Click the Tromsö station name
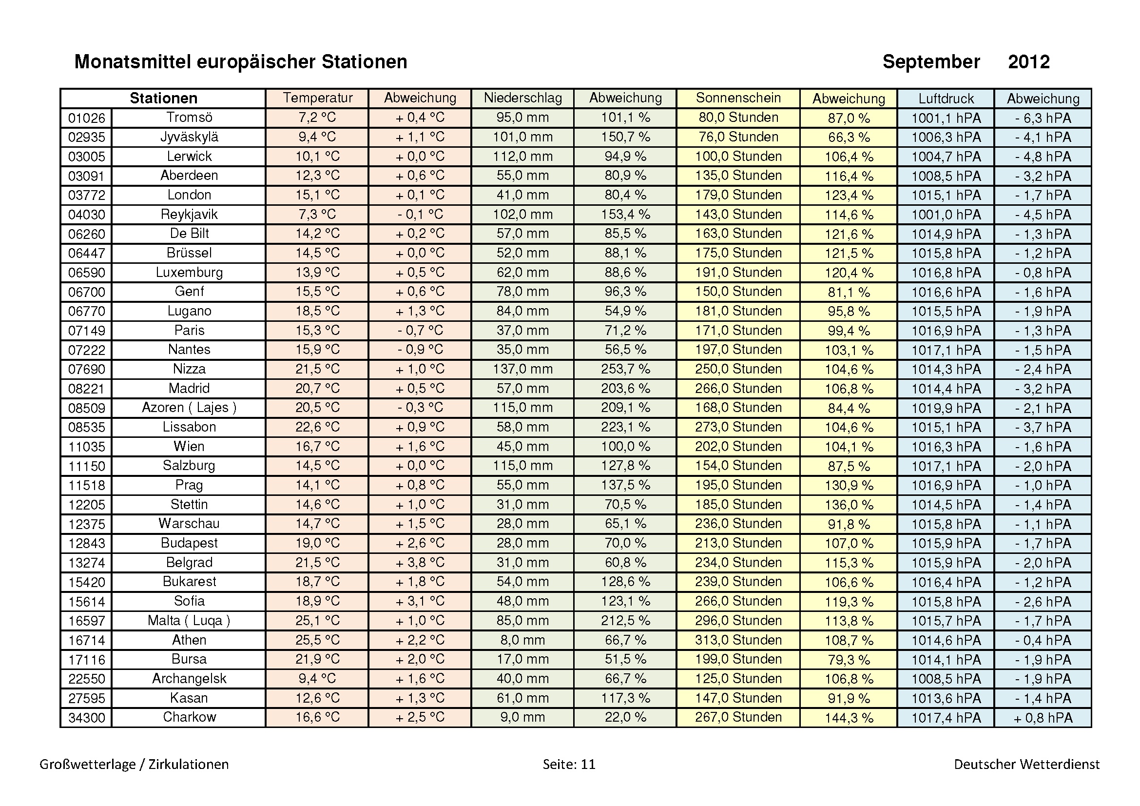(189, 118)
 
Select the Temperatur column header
(317, 98)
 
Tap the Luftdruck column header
(946, 98)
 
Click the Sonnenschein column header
(738, 98)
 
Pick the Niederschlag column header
(522, 98)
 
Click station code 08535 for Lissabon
(86, 427)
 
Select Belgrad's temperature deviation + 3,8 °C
(420, 562)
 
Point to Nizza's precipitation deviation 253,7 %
(625, 369)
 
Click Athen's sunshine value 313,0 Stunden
(738, 640)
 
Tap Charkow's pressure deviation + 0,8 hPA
(1043, 718)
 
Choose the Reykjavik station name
(189, 215)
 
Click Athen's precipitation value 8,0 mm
(522, 640)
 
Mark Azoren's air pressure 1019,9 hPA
(946, 408)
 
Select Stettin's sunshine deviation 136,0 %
(848, 505)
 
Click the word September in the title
(931, 62)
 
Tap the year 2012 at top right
(1028, 62)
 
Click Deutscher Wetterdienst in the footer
(1026, 764)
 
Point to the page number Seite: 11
(568, 764)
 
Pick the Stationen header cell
(163, 98)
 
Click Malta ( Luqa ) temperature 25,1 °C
(317, 620)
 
